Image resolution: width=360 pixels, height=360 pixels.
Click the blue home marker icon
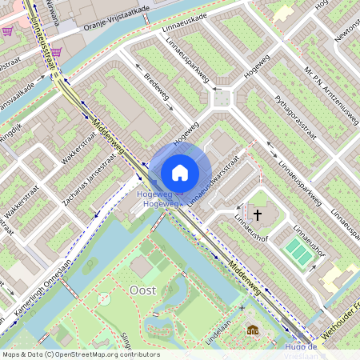[x=180, y=172]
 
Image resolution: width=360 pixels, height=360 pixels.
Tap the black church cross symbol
[x=258, y=214]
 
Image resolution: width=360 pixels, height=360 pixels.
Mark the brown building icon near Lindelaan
[x=253, y=331]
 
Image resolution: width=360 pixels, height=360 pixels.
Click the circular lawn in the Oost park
[x=103, y=298]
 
